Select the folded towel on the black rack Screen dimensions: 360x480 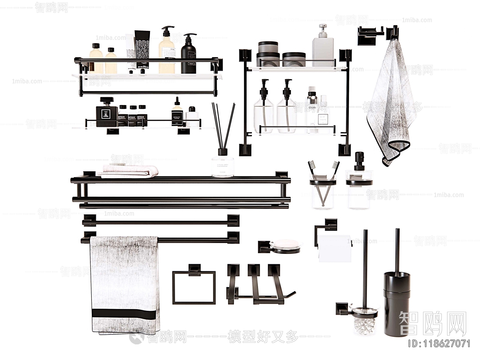point(130,171)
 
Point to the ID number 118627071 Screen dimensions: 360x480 point(439,343)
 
